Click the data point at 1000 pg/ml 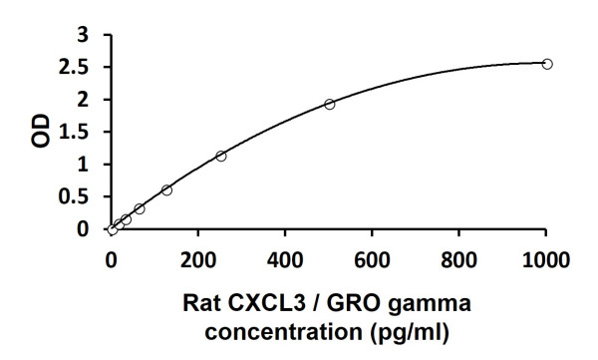point(546,64)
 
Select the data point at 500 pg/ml point(329,104)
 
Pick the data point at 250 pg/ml point(220,156)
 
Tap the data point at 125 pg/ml point(166,189)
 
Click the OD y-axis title point(41,131)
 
